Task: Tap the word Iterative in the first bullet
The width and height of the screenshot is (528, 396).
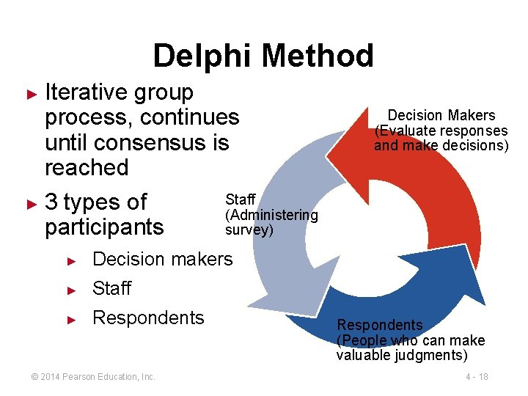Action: pyautogui.click(x=87, y=92)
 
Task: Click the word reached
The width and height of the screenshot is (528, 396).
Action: pyautogui.click(x=87, y=167)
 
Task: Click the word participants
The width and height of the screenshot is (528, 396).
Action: pyautogui.click(x=104, y=227)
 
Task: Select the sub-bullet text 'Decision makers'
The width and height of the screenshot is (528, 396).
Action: pyautogui.click(x=162, y=259)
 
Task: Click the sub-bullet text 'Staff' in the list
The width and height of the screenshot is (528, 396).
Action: pyautogui.click(x=111, y=288)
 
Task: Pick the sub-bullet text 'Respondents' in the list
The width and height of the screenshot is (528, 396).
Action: pyautogui.click(x=148, y=318)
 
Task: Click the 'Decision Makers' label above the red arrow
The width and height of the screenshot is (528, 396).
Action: pyautogui.click(x=441, y=115)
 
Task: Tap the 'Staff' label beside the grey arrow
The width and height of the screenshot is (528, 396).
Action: pyautogui.click(x=240, y=199)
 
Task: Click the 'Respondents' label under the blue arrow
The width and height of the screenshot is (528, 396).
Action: pyautogui.click(x=380, y=325)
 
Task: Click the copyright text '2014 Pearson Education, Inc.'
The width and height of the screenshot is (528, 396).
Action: pyautogui.click(x=93, y=377)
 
